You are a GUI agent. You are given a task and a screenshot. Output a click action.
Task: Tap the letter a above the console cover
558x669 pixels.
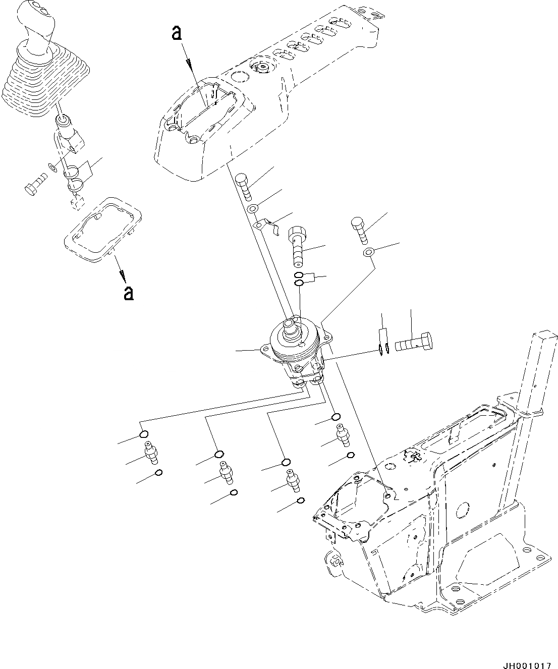[176, 33]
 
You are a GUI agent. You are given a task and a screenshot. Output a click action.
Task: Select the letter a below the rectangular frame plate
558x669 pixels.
[129, 293]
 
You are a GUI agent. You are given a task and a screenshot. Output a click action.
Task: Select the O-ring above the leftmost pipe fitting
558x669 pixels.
[144, 434]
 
